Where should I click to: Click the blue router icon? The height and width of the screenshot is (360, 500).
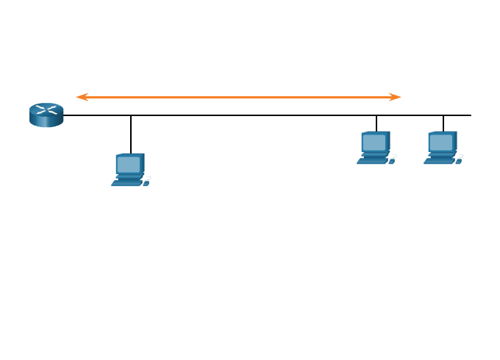pos(46,115)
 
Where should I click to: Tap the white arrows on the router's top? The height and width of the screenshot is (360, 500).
pos(46,110)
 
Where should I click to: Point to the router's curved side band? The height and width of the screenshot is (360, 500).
pos(46,121)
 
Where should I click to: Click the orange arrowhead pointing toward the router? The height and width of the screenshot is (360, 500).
pos(82,97)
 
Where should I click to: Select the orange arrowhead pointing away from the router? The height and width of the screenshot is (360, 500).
pos(396,97)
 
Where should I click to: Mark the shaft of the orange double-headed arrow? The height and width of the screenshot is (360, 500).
pos(239,97)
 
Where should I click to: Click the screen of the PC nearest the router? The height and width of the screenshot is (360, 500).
pos(129,164)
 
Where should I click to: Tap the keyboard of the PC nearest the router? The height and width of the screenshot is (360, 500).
pos(126,183)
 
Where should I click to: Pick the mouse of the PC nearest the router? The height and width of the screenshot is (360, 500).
pos(146,181)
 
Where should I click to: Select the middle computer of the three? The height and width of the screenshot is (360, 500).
pos(376,148)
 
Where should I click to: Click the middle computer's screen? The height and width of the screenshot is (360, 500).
pos(374,142)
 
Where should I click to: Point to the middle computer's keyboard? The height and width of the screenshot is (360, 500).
pos(371,161)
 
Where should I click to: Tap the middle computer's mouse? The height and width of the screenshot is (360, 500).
pos(392,159)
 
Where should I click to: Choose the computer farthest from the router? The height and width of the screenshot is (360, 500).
pos(443,148)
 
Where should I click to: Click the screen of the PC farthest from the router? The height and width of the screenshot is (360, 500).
pos(441,142)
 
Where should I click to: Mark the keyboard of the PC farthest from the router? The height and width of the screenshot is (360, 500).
pos(438,161)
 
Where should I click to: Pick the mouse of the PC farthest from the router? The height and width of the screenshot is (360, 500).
pos(459,159)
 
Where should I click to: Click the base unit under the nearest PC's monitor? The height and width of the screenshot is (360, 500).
pos(129,176)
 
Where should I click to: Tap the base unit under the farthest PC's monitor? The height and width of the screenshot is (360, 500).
pos(441,154)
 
